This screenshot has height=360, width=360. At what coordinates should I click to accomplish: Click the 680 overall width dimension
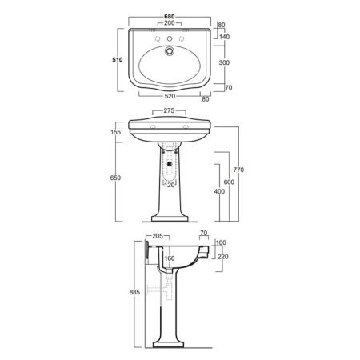pyautogui.click(x=170, y=17)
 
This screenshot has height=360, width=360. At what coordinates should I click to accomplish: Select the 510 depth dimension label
pyautogui.click(x=118, y=60)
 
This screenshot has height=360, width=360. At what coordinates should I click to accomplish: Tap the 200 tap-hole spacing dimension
pyautogui.click(x=170, y=23)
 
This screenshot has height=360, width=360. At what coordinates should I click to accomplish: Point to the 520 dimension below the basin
pyautogui.click(x=170, y=96)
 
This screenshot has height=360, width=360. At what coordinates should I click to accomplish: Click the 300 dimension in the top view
pyautogui.click(x=224, y=62)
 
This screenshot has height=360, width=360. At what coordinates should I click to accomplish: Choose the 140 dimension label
pyautogui.click(x=224, y=37)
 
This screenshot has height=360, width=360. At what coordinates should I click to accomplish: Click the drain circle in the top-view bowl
pyautogui.click(x=169, y=50)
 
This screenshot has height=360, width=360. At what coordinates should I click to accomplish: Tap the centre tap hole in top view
pyautogui.click(x=170, y=39)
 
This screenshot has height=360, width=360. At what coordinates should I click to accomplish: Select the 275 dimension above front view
pyautogui.click(x=169, y=110)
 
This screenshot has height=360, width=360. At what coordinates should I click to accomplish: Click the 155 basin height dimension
pyautogui.click(x=115, y=132)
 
